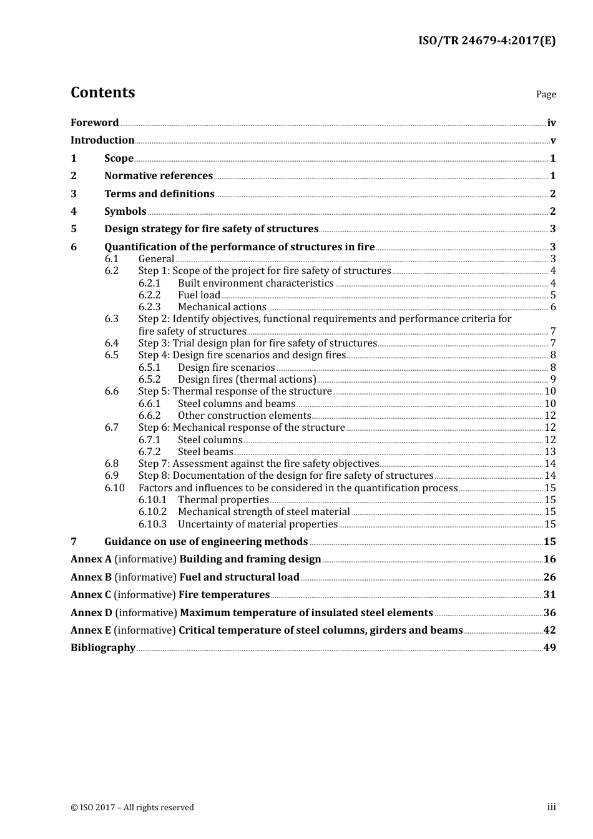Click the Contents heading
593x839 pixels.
102,92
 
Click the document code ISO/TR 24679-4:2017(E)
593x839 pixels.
487,41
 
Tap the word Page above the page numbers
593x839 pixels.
546,94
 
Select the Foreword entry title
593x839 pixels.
94,122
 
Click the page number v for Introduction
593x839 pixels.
553,140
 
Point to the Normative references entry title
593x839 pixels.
159,176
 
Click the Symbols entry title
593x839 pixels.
125,212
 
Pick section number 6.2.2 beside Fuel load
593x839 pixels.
149,295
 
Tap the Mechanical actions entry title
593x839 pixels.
222,307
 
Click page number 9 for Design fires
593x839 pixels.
553,380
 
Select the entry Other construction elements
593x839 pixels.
245,416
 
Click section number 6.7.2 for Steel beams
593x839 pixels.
149,452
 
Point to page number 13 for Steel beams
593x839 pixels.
550,452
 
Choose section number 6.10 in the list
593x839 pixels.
114,488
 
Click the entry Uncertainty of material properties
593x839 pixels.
258,524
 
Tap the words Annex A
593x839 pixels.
91,559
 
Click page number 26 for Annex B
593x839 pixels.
549,577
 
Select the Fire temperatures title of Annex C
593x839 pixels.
224,595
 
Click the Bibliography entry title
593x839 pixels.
103,648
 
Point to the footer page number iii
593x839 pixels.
551,807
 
